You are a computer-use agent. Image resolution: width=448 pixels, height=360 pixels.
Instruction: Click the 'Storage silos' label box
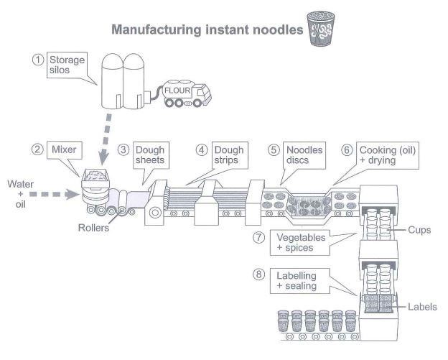[x=67, y=66]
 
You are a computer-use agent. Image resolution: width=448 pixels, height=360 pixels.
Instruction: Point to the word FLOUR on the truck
[x=176, y=91]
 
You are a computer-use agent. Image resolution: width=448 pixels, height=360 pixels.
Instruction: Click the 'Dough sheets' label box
[x=151, y=155]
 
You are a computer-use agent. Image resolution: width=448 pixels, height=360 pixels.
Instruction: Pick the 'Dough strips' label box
[x=226, y=155]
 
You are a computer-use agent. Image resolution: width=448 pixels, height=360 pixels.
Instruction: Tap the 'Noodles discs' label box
[x=305, y=155]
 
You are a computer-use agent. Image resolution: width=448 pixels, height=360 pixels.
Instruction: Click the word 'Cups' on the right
[x=419, y=231]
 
